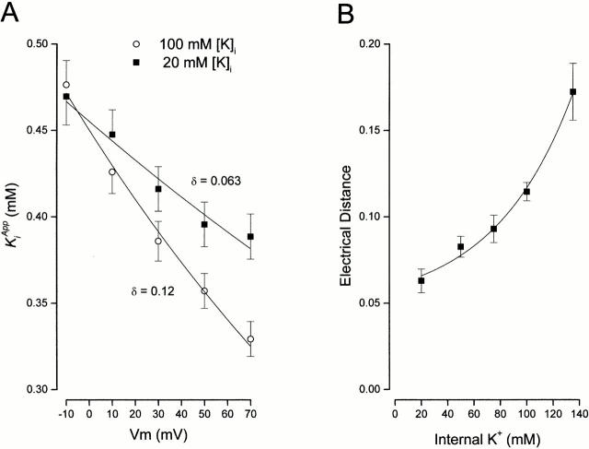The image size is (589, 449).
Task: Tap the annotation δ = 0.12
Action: [149, 291]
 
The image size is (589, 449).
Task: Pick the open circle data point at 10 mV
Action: [112, 172]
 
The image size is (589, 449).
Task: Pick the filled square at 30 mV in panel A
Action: [158, 189]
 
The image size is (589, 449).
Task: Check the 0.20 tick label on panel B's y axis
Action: [368, 43]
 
